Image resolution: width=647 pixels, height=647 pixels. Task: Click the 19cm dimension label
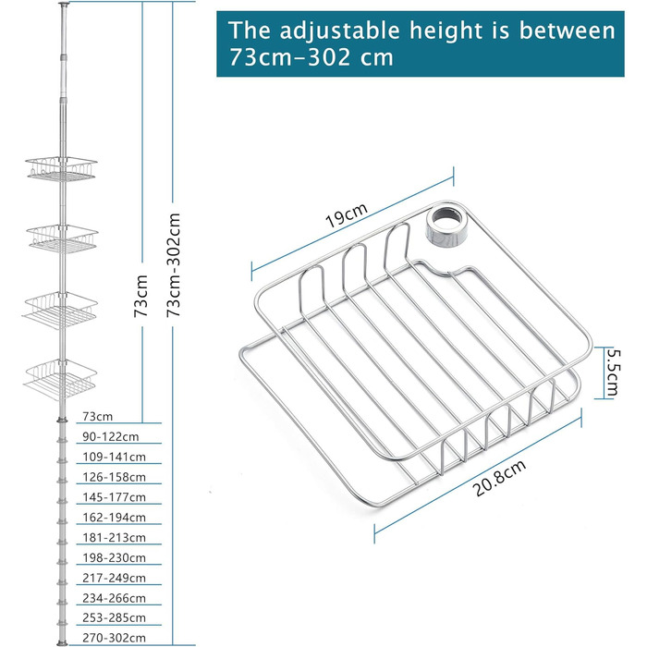pos(347,215)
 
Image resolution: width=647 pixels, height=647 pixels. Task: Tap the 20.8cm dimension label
pos(499,478)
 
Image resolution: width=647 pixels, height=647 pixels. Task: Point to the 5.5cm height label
pos(612,372)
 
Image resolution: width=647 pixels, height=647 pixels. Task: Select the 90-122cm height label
pos(111,436)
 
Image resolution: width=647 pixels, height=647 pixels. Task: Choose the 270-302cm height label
pos(115,638)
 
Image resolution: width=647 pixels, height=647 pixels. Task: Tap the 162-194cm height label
pos(115,517)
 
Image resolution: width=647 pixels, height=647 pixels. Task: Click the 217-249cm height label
pos(115,578)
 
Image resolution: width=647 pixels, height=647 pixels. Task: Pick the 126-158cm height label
pos(115,477)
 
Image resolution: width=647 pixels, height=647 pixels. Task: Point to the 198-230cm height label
pos(115,557)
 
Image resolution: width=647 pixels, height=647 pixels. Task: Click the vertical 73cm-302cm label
pos(174,265)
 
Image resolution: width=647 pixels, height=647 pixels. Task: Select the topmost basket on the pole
pos(61,169)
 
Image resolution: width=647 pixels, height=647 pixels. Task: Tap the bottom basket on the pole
pos(60,379)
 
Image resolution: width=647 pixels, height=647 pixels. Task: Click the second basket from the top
pos(62,238)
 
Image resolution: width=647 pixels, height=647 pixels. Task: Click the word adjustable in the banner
pos(339,31)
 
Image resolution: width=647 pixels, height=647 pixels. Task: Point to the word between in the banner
pos(567,31)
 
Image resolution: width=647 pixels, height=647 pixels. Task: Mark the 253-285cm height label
pos(115,617)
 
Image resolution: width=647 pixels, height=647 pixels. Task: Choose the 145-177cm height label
pos(115,497)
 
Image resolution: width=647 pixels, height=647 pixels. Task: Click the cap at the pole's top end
pos(64,4)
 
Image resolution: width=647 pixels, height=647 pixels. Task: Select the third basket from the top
pos(60,310)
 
